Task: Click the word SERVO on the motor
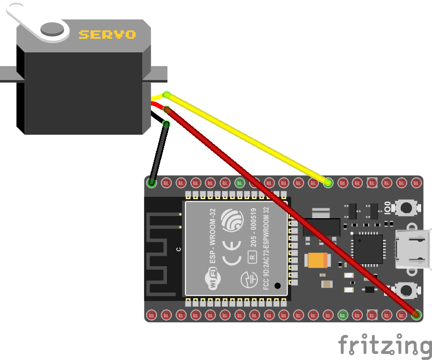107,34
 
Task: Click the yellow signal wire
245,139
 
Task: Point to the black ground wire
159,153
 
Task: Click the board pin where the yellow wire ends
328,183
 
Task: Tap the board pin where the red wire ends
417,314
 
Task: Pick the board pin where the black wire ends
152,183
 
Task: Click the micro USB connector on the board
413,249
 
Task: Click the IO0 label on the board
387,208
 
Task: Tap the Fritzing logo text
384,345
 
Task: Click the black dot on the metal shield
278,285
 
